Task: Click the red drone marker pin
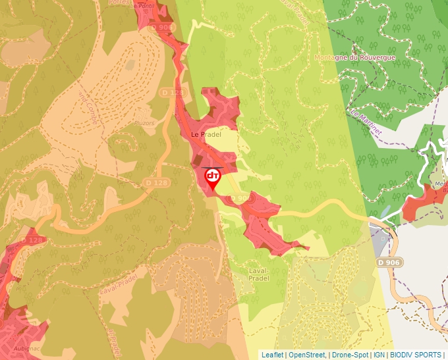pyautogui.click(x=213, y=178)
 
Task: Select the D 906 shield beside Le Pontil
pyautogui.click(x=161, y=27)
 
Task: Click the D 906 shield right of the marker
pyautogui.click(x=240, y=198)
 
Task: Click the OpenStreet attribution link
pyautogui.click(x=307, y=355)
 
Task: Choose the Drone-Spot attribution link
pyautogui.click(x=350, y=355)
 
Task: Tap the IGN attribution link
pyautogui.click(x=379, y=355)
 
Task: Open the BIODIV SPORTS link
pyautogui.click(x=416, y=355)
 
